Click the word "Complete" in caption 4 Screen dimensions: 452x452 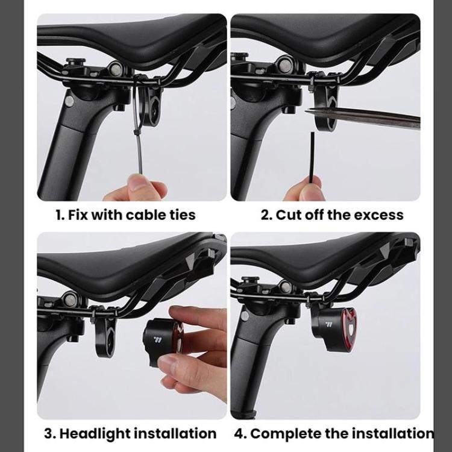285,433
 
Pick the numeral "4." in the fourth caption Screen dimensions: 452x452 241,433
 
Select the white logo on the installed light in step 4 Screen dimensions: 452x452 329,324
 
